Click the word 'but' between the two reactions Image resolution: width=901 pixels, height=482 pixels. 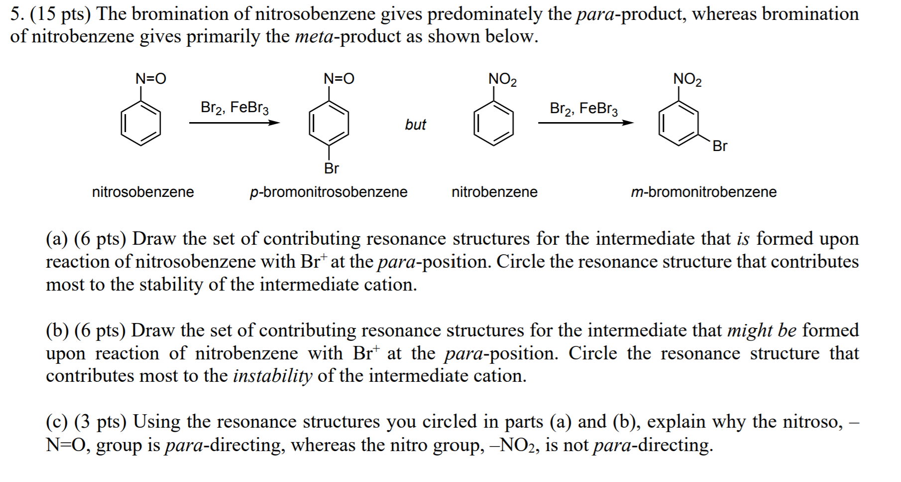415,125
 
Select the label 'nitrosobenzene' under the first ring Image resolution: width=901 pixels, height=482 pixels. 143,192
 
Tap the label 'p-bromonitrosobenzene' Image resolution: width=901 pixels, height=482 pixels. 329,192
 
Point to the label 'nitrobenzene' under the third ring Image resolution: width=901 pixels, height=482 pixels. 494,192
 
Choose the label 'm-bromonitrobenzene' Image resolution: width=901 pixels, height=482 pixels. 703,192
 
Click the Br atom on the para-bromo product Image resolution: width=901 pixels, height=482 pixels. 331,168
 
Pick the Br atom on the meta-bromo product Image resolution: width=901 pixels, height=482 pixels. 720,146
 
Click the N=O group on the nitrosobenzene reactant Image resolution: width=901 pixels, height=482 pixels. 151,79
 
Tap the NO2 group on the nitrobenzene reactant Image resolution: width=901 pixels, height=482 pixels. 502,79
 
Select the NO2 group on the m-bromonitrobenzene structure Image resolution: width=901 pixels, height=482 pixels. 687,79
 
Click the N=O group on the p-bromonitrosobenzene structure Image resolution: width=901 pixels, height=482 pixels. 338,79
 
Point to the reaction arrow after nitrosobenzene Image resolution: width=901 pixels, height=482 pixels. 234,123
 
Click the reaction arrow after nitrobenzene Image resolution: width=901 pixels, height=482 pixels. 586,123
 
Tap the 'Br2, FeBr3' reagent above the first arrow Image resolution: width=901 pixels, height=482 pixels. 234,108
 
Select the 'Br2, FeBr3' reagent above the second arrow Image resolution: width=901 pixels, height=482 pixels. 583,108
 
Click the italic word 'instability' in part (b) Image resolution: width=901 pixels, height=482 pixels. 272,376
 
